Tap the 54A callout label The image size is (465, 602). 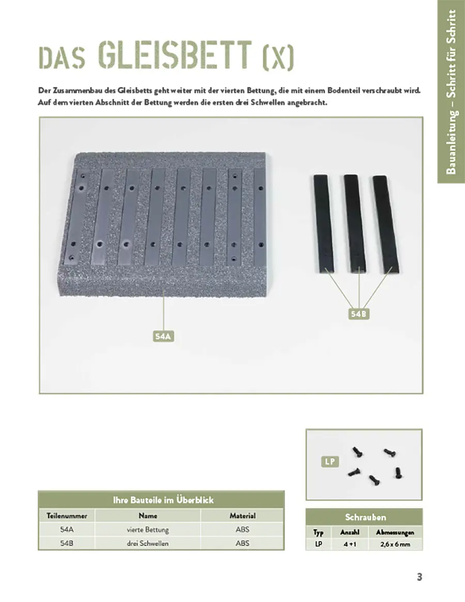[163, 336]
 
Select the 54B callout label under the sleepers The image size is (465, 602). [359, 314]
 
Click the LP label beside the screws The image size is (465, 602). [330, 461]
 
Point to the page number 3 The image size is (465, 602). [420, 577]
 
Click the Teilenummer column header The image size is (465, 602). [67, 516]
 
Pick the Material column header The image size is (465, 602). [242, 516]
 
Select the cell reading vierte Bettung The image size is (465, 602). [148, 530]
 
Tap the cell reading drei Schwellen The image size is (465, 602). [148, 543]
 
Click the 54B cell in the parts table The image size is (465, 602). [67, 543]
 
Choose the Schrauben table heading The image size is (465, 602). [365, 517]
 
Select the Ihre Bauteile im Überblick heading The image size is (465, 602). [163, 500]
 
